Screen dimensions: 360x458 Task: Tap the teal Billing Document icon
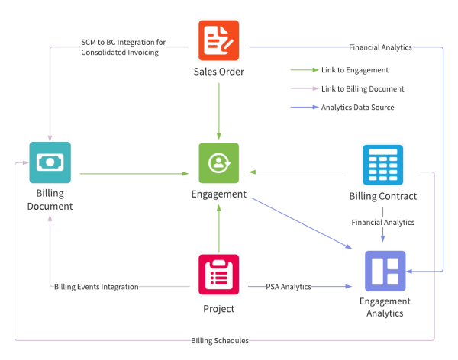(50, 162)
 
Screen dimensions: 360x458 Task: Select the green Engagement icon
(219, 162)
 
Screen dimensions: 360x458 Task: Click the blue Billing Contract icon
(382, 164)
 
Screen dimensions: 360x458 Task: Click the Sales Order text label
(219, 73)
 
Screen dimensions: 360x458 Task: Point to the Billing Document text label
(50, 201)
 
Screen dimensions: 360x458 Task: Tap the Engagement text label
(219, 194)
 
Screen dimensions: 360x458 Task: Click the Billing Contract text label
(383, 197)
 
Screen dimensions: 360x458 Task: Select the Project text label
(219, 309)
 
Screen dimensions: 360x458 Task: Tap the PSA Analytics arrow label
(289, 287)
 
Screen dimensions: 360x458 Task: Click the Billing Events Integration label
(95, 287)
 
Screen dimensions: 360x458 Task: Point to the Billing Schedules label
(220, 340)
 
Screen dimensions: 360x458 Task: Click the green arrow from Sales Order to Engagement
(219, 111)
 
